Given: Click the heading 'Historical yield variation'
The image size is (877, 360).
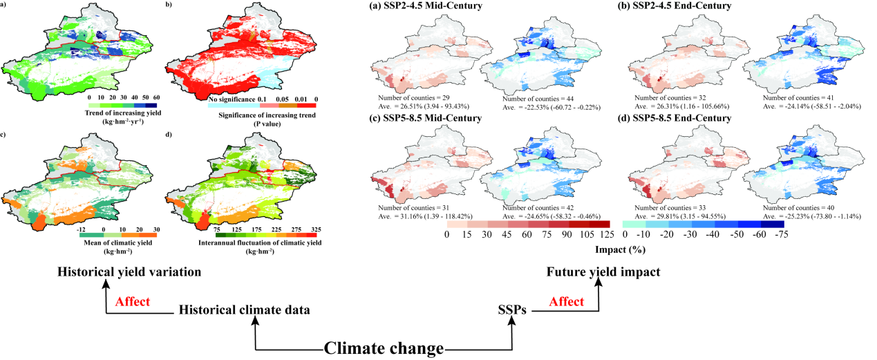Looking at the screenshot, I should [129, 272].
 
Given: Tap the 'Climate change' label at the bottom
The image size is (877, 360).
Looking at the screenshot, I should [384, 348].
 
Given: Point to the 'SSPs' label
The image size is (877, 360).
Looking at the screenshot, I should [512, 310].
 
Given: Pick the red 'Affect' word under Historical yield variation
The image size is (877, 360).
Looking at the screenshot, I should [133, 301].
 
